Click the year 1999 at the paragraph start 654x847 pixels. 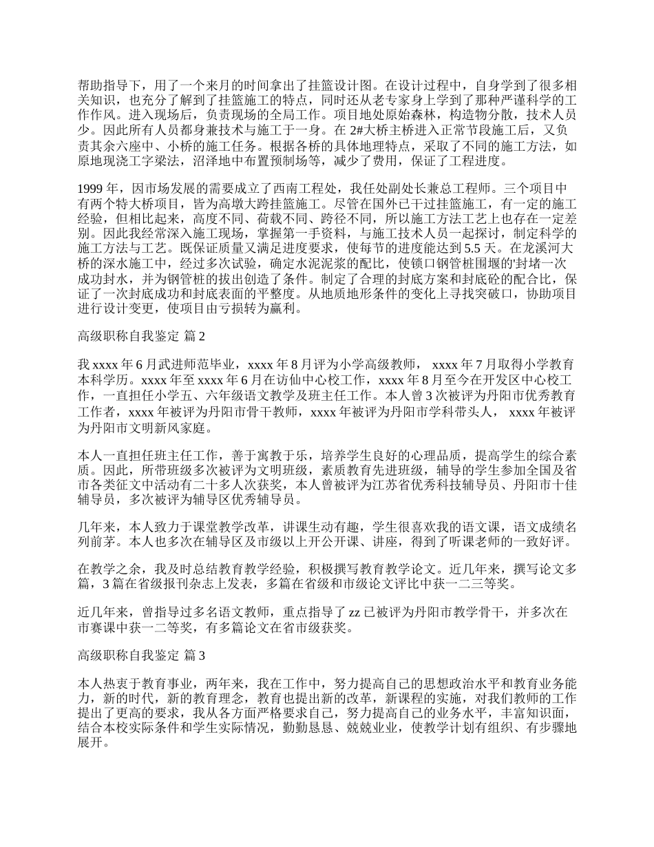point(92,188)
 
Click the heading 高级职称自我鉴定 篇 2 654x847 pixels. point(142,336)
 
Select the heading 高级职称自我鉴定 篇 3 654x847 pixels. point(142,656)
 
